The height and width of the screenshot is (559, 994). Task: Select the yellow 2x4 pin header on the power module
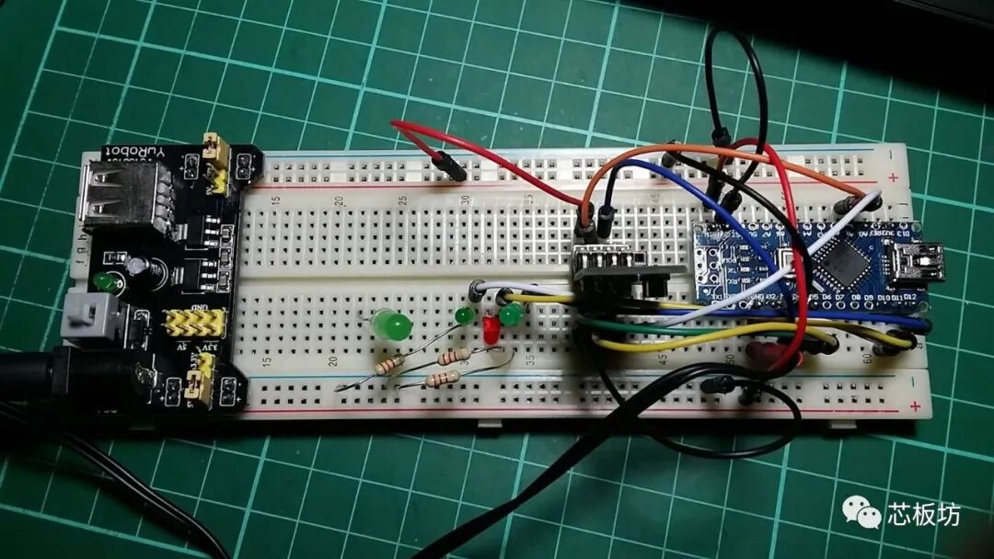(x=194, y=323)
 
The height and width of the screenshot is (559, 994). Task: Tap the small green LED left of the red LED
(x=465, y=315)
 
